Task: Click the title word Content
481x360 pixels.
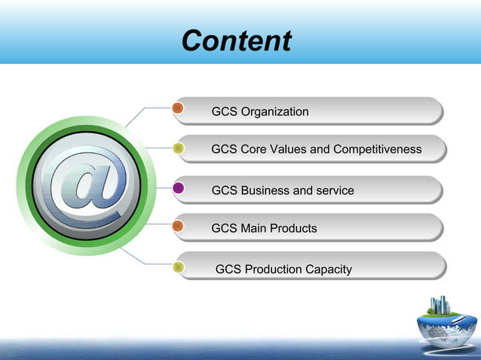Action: tap(236, 41)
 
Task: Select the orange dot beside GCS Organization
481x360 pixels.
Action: tap(179, 108)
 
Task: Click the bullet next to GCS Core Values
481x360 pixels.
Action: tap(179, 148)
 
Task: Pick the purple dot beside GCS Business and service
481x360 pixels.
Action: tap(179, 188)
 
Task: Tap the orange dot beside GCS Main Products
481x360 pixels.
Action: tap(179, 225)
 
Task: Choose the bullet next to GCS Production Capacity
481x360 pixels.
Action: tap(179, 267)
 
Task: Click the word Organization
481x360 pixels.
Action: tap(274, 112)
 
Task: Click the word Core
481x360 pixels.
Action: tap(254, 149)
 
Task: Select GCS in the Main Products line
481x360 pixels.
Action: tap(225, 227)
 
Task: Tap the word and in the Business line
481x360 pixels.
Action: tap(302, 191)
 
